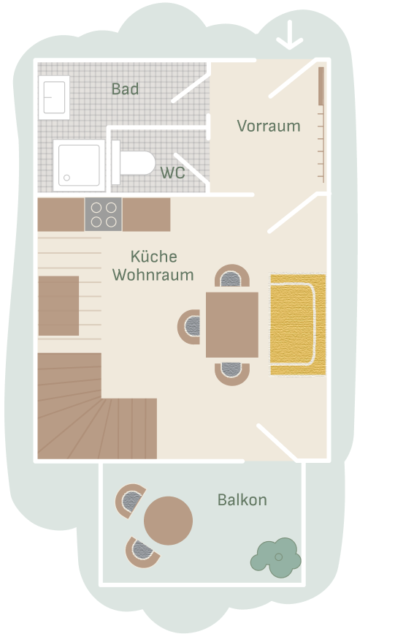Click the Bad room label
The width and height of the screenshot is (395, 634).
tap(125, 90)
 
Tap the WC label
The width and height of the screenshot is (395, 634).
tap(172, 173)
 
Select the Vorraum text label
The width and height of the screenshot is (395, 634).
tap(269, 126)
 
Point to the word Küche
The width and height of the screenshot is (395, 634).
tap(153, 257)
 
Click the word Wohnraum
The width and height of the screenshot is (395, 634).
tap(154, 275)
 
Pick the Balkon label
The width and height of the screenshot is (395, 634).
tap(242, 500)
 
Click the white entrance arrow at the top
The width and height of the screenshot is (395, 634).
tap(290, 34)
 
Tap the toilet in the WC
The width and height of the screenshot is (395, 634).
tap(136, 163)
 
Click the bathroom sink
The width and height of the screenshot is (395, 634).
tap(55, 96)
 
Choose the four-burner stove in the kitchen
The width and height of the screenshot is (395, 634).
tap(103, 214)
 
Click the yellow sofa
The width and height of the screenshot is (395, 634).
tap(298, 324)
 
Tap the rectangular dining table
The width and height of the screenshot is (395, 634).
tap(232, 324)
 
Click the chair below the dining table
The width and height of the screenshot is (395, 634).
tap(232, 372)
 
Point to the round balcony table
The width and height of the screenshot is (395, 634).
tap(169, 521)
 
